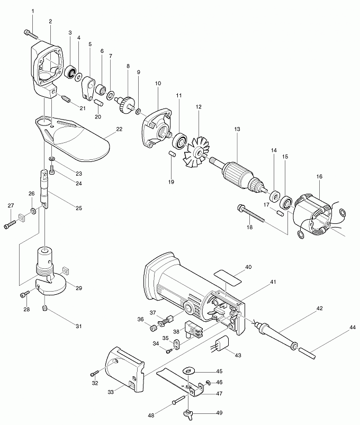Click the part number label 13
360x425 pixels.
237,129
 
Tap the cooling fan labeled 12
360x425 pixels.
197,152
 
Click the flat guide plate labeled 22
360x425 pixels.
73,139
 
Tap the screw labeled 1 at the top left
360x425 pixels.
31,34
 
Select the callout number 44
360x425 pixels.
352,328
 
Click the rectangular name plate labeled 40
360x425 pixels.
228,277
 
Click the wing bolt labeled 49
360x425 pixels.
187,413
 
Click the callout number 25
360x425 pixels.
78,208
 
